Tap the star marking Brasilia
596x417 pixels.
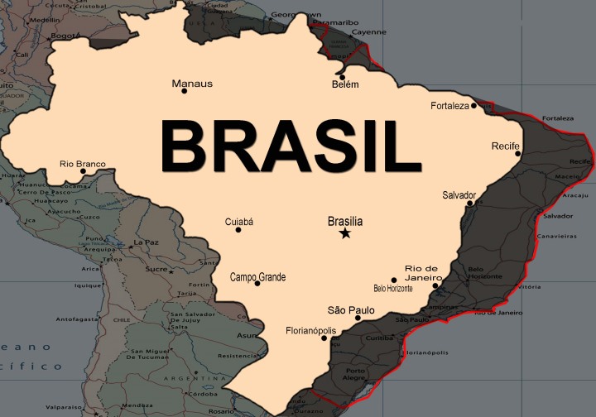(x=345, y=234)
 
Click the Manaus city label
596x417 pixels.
(x=192, y=84)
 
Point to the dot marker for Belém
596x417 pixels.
(x=342, y=77)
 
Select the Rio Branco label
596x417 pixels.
(x=83, y=164)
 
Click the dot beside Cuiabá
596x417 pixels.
(x=238, y=229)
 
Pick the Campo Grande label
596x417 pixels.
(x=257, y=277)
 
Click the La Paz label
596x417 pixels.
(x=146, y=242)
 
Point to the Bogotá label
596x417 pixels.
(x=65, y=36)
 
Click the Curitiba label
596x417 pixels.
(x=379, y=338)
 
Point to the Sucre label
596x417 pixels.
(x=156, y=269)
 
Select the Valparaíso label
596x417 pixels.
(x=63, y=407)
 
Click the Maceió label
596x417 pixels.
(x=568, y=175)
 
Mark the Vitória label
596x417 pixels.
(x=533, y=286)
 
